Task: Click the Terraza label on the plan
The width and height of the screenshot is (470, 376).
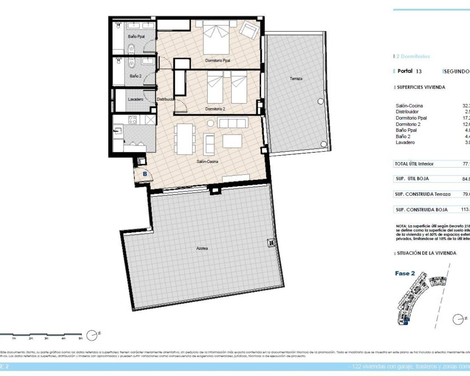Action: [x=296, y=79]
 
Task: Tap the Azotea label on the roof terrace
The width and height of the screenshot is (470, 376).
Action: [x=202, y=249]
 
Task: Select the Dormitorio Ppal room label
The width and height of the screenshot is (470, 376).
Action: [x=217, y=61]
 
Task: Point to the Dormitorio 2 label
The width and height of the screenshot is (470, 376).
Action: [x=215, y=109]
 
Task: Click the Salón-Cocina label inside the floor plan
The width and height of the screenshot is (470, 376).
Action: [x=207, y=162]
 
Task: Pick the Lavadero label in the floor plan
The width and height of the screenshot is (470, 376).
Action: [x=135, y=100]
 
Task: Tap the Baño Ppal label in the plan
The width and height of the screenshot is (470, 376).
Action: [x=136, y=37]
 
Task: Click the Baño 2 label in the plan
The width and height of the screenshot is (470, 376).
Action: [x=135, y=76]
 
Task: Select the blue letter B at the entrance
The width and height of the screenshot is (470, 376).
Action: [x=145, y=174]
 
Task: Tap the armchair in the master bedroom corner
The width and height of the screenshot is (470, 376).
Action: [x=249, y=30]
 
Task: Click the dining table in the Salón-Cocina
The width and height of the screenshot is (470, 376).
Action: [x=185, y=139]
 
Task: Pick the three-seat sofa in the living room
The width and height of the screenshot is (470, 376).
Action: [x=233, y=122]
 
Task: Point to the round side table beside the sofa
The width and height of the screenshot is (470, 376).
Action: [x=210, y=123]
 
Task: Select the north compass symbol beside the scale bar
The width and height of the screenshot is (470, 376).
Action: [x=92, y=335]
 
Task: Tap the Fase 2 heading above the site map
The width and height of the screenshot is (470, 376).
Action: [x=405, y=274]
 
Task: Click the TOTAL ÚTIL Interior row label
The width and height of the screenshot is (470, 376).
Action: [x=414, y=164]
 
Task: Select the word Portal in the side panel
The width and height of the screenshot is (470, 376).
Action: [x=405, y=71]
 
